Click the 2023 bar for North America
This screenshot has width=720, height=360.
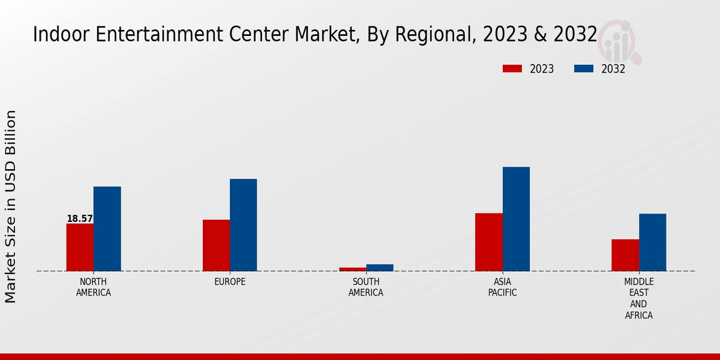[80, 247]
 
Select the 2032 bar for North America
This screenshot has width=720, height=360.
[107, 229]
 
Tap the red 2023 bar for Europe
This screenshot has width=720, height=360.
[216, 245]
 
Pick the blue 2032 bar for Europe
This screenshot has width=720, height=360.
[243, 225]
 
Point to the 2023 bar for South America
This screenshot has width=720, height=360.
[352, 269]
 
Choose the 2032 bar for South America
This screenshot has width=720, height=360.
[380, 268]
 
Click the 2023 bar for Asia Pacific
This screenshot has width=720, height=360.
[488, 242]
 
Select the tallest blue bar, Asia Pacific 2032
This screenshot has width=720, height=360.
[516, 219]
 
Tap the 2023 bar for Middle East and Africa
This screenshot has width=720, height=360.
[625, 255]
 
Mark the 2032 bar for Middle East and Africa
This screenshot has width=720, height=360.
[652, 242]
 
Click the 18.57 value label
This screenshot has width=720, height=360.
[80, 219]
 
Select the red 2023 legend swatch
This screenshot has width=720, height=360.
[512, 69]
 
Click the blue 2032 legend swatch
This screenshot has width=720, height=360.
[583, 69]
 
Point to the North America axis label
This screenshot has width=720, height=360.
[94, 287]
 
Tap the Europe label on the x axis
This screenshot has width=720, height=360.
[230, 282]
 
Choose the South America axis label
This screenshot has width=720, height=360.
[366, 287]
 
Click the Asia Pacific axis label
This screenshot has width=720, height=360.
[502, 287]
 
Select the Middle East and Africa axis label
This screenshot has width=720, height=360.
[639, 298]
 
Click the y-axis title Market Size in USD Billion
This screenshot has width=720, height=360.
[11, 206]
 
